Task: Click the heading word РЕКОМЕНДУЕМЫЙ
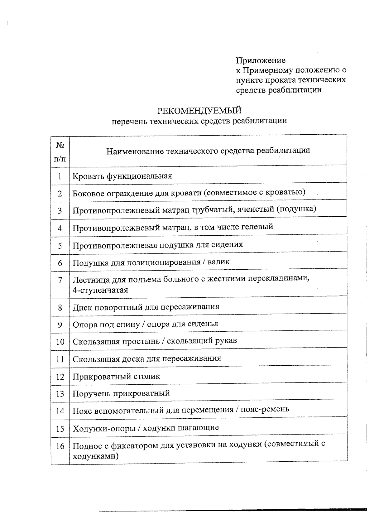(x=199, y=111)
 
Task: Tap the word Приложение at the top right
(x=260, y=60)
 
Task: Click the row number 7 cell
(x=60, y=280)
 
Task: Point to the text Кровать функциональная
(x=122, y=176)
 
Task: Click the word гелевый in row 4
(x=257, y=227)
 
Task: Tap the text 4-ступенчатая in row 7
(x=100, y=290)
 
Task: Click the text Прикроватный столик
(x=116, y=377)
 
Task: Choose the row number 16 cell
(x=60, y=446)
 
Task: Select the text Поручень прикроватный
(x=121, y=393)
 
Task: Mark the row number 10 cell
(x=60, y=342)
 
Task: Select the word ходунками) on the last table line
(x=95, y=457)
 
